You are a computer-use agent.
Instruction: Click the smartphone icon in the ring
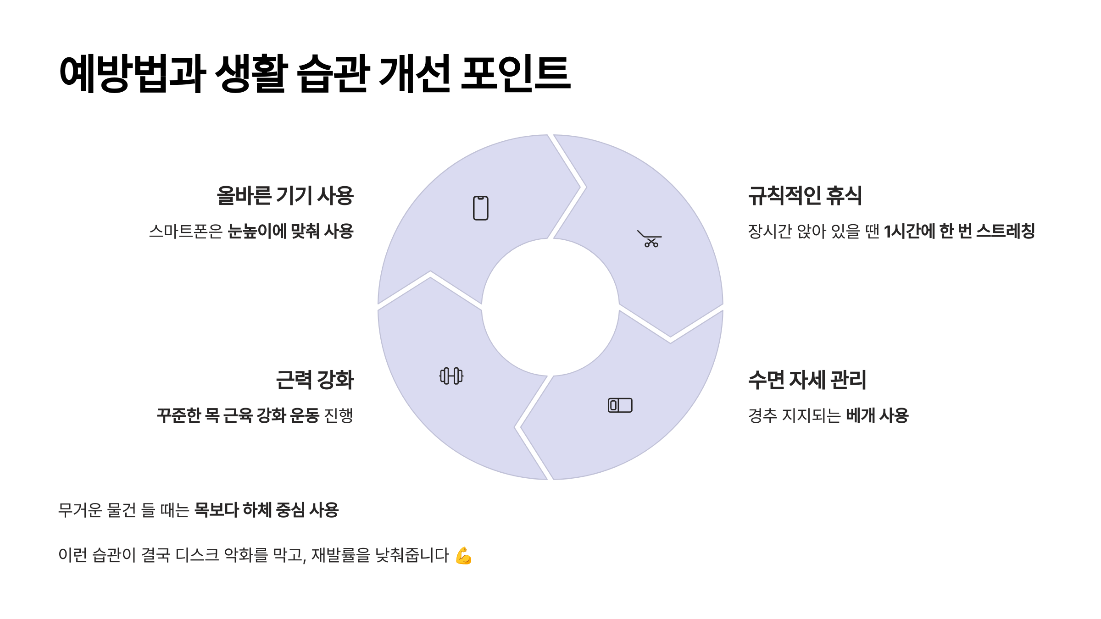(x=480, y=208)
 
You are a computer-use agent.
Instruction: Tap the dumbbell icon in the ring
(x=451, y=376)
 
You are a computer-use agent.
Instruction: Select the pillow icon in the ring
(x=620, y=405)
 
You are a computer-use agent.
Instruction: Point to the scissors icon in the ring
(x=650, y=239)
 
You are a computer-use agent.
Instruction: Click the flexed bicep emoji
(x=464, y=555)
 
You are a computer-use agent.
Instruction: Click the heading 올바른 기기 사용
(x=285, y=196)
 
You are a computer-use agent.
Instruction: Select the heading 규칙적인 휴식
(x=805, y=196)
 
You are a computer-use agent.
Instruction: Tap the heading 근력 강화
(x=315, y=380)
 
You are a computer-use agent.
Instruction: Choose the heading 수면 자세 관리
(x=807, y=380)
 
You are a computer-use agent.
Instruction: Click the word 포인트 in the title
(x=516, y=73)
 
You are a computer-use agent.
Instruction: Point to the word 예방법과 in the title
(x=133, y=73)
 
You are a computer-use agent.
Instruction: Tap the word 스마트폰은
(x=185, y=232)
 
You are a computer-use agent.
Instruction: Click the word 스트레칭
(x=1005, y=231)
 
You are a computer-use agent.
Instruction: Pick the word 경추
(x=762, y=416)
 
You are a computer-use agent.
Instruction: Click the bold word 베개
(x=860, y=416)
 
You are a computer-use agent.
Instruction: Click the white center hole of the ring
(x=550, y=307)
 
